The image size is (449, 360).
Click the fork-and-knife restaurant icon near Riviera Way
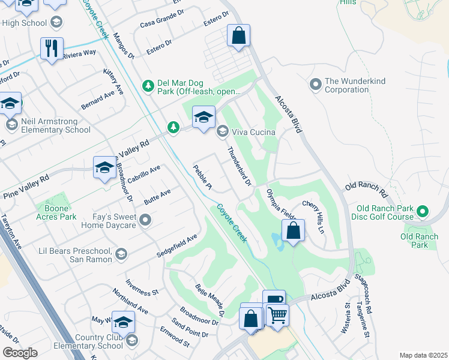coord(52,47)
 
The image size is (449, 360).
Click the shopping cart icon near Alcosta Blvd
coord(277,314)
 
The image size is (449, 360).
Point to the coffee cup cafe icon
coord(274,299)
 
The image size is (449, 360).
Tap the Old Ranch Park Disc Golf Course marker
coord(423,212)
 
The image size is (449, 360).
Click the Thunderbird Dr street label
coord(238,166)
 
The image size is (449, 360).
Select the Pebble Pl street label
coord(202,178)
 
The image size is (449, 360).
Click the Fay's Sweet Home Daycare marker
coord(145,221)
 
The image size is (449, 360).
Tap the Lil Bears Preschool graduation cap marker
coord(121,254)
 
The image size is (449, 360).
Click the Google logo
coord(20,353)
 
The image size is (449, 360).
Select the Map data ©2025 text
coord(423,355)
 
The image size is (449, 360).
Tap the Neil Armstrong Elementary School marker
coord(11,125)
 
